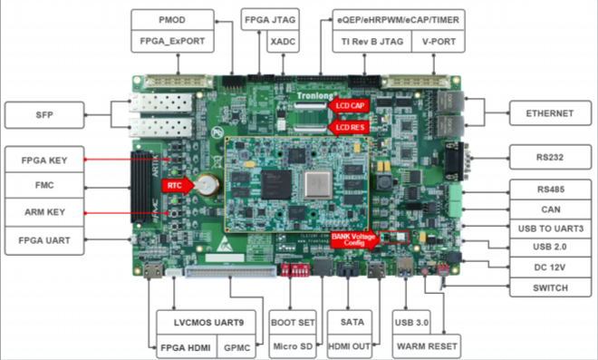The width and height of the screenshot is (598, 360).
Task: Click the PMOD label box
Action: point(172,19)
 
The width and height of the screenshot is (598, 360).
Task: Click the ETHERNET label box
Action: point(549,114)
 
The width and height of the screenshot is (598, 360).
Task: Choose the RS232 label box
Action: point(549,157)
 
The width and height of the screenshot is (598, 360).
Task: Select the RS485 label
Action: point(549,190)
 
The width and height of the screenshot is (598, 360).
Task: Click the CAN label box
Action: point(549,209)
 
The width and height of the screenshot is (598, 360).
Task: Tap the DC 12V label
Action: point(549,268)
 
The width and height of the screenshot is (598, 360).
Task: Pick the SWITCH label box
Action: point(549,288)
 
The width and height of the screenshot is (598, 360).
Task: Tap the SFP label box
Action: point(43,114)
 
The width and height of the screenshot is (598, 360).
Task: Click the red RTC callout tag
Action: point(172,185)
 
